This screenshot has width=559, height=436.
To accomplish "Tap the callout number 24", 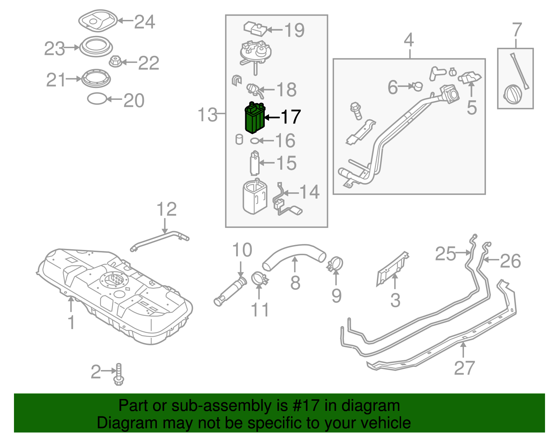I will click(x=145, y=22).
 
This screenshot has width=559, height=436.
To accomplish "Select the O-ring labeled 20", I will click(x=97, y=99).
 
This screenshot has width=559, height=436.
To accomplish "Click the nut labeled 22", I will click(x=115, y=62).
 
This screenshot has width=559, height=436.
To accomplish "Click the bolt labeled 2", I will click(x=119, y=375).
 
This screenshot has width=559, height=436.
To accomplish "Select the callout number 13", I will click(x=208, y=114).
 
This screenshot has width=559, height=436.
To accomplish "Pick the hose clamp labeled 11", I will click(x=259, y=278).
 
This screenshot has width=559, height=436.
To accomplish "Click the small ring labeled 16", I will click(x=255, y=141).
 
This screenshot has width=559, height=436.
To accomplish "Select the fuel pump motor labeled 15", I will click(x=255, y=163).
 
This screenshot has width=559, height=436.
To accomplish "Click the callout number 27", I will click(x=464, y=368).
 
